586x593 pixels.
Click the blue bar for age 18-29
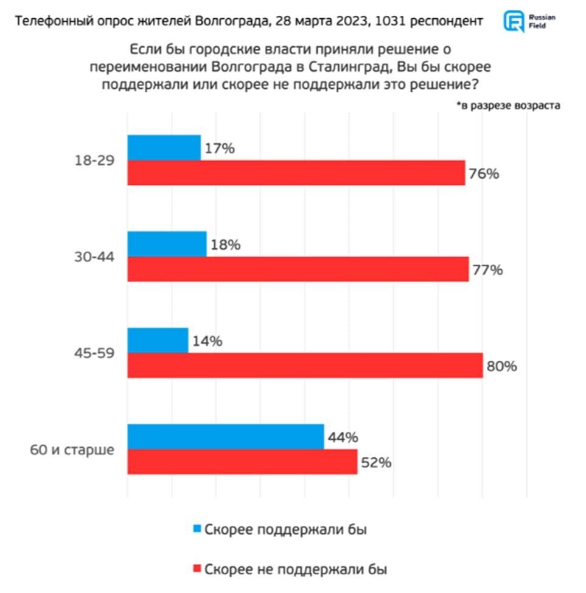[x=164, y=147]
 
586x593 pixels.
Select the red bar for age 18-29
[x=296, y=173]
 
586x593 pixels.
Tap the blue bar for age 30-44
[x=167, y=244]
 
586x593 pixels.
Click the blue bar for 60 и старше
[x=225, y=437]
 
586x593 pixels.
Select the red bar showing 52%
[x=242, y=462]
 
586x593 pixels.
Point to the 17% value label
[x=220, y=148]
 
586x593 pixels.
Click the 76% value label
[x=484, y=173]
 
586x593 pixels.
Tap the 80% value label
[x=501, y=367]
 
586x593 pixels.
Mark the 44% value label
[x=343, y=437]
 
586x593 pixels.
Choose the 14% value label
[x=208, y=341]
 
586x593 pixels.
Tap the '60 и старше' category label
[x=72, y=451]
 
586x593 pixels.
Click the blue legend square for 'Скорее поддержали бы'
[x=197, y=529]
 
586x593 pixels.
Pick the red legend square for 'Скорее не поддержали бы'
[x=197, y=569]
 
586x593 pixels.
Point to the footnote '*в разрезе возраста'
[x=508, y=105]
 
